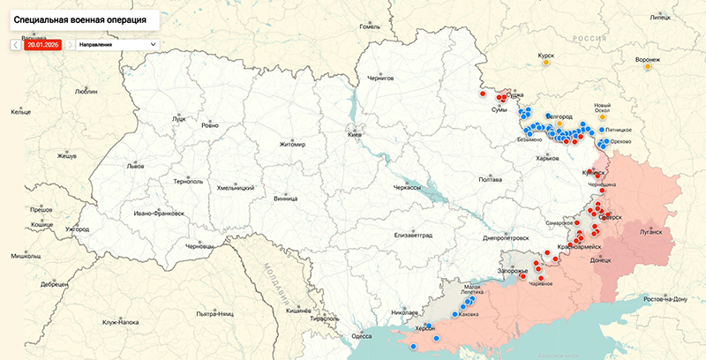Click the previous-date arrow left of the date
pos(16,44)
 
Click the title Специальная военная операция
pos(78,18)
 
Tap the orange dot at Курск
pos(546,64)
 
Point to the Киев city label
pos(355,135)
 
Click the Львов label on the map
pos(135,165)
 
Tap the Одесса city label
pos(361,335)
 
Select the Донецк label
pos(599,260)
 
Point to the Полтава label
pos(490,179)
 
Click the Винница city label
pos(285,199)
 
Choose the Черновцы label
pos(199,246)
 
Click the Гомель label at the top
pos(370,26)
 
